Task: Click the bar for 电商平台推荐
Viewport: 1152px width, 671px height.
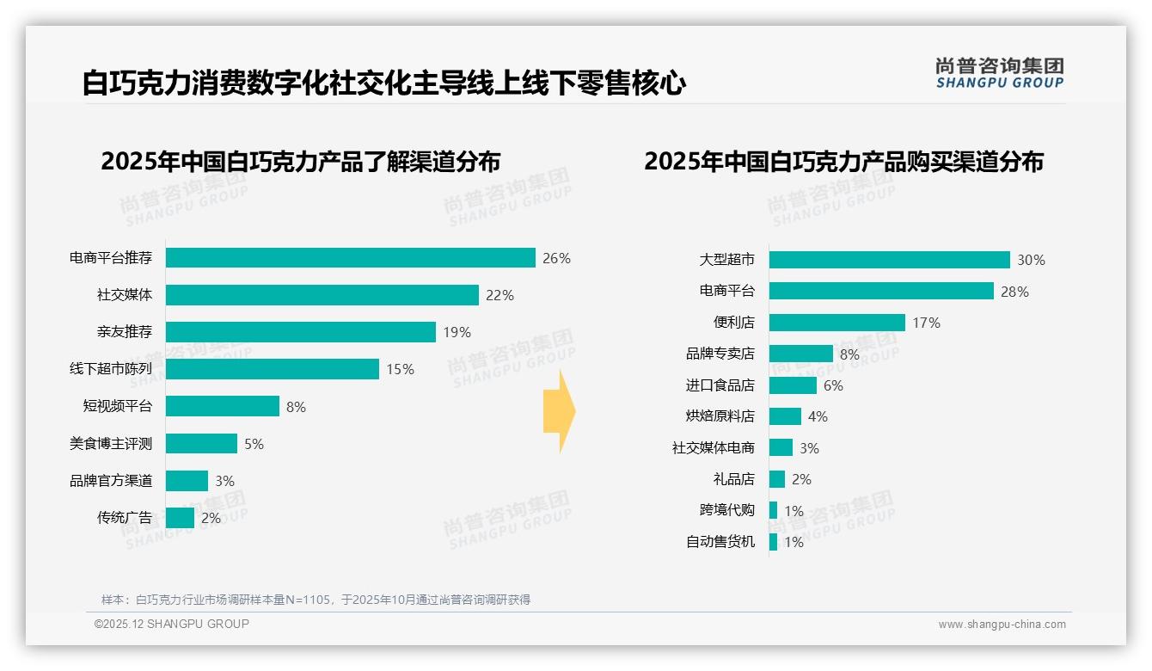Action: pos(351,258)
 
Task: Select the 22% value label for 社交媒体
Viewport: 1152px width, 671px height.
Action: pos(499,295)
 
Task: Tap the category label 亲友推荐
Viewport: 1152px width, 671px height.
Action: pos(125,332)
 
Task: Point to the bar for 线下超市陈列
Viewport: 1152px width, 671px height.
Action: pos(272,369)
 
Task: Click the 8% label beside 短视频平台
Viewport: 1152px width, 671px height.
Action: pos(296,407)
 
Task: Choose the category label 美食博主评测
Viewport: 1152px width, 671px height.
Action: pos(111,444)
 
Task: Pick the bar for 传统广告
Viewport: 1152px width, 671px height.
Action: pos(180,518)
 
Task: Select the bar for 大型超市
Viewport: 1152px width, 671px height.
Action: pos(889,260)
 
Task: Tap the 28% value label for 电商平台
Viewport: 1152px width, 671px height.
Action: pos(1014,292)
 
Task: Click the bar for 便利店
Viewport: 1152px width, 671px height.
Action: pos(836,323)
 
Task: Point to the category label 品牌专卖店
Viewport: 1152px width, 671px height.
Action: pos(720,354)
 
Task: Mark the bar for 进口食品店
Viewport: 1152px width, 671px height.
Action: pos(793,385)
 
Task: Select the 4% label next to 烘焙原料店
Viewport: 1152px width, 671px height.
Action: pos(818,416)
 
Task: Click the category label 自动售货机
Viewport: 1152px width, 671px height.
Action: pos(720,542)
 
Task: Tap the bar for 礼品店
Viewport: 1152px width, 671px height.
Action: pos(777,479)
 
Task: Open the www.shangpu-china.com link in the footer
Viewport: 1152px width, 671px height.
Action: pos(1002,625)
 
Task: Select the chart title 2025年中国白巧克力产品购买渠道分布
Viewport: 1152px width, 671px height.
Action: pos(843,162)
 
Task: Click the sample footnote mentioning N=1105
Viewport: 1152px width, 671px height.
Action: pos(316,600)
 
